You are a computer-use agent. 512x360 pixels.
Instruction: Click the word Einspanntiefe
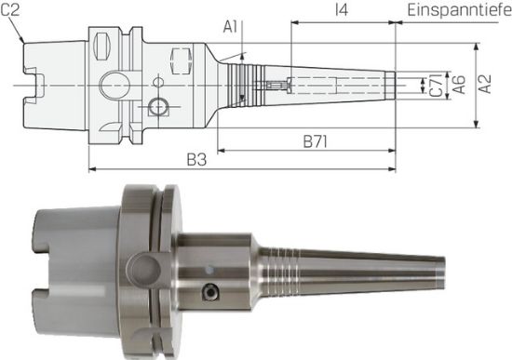click(459, 10)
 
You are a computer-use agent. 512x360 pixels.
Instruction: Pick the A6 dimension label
click(458, 85)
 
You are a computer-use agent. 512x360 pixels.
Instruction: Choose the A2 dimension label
click(484, 85)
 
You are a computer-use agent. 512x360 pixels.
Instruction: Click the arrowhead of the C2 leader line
click(22, 42)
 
